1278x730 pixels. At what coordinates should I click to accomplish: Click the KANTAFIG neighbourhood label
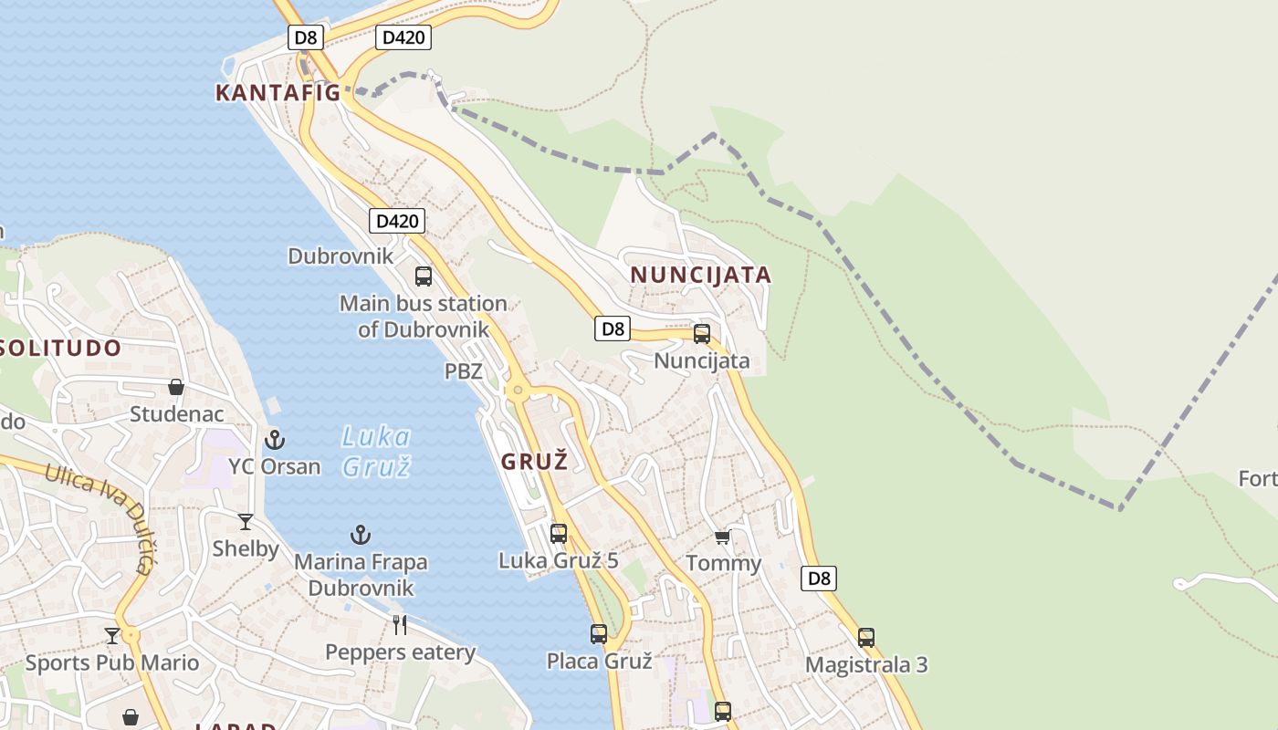click(278, 92)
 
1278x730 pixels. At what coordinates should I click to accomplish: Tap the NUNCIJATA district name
click(700, 275)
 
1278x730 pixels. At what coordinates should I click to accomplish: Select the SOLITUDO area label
click(60, 348)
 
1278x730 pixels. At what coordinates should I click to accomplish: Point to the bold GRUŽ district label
click(534, 461)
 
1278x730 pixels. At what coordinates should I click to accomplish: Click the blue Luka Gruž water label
click(376, 451)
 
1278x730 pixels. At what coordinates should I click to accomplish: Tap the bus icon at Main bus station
click(424, 276)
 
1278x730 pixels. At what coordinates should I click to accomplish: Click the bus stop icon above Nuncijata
click(702, 334)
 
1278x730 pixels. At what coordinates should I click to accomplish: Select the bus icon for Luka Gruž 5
click(559, 534)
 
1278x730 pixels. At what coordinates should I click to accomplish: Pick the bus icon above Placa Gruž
click(599, 633)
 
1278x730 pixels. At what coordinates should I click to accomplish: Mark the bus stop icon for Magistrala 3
click(866, 637)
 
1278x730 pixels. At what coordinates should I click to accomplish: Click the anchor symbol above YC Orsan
click(275, 441)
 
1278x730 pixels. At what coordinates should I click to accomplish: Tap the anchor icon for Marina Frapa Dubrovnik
click(361, 535)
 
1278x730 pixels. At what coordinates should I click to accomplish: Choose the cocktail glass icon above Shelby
click(246, 522)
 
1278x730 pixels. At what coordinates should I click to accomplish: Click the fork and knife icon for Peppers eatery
click(400, 625)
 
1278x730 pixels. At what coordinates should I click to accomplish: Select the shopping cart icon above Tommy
click(723, 537)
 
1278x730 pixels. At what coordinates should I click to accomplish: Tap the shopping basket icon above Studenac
click(176, 387)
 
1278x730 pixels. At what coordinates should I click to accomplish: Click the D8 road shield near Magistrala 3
click(819, 578)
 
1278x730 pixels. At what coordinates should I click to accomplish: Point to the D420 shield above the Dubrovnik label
click(397, 221)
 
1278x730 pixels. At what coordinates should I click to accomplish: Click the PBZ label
click(463, 371)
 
